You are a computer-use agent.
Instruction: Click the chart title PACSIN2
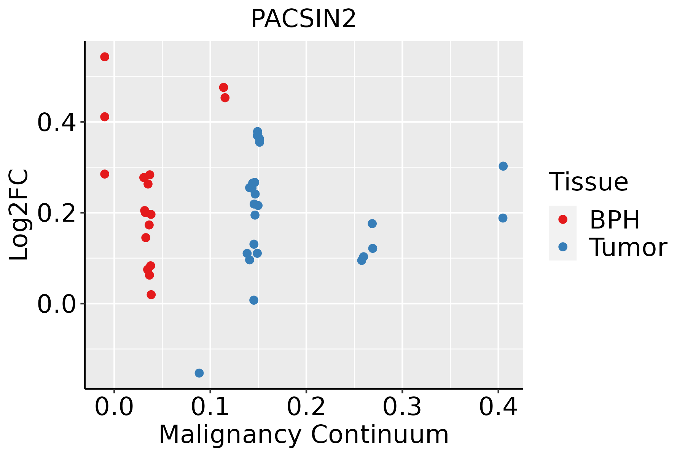pyautogui.click(x=303, y=19)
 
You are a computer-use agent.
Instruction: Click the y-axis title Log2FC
pyautogui.click(x=19, y=215)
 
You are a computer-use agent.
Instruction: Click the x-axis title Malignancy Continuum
pyautogui.click(x=303, y=435)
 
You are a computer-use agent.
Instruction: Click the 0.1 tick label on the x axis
pyautogui.click(x=210, y=407)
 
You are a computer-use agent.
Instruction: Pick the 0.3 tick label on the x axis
pyautogui.click(x=402, y=407)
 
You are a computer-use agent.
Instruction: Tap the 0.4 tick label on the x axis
pyautogui.click(x=498, y=407)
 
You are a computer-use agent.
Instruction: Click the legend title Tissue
pyautogui.click(x=589, y=182)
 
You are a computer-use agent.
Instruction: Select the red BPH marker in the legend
pyautogui.click(x=562, y=219)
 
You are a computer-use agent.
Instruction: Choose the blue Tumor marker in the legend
pyautogui.click(x=562, y=247)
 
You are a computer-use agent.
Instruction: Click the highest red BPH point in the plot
pyautogui.click(x=105, y=57)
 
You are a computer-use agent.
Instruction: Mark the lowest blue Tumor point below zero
pyautogui.click(x=199, y=373)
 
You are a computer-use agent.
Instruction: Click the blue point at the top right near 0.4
pyautogui.click(x=503, y=166)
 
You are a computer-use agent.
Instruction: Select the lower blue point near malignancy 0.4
pyautogui.click(x=503, y=218)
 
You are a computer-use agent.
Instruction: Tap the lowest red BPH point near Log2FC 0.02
pyautogui.click(x=151, y=294)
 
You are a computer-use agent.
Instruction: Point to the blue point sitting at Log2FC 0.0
pyautogui.click(x=254, y=300)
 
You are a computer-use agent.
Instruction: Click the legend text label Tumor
pyautogui.click(x=628, y=248)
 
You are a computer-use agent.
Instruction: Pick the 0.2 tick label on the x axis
pyautogui.click(x=306, y=407)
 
